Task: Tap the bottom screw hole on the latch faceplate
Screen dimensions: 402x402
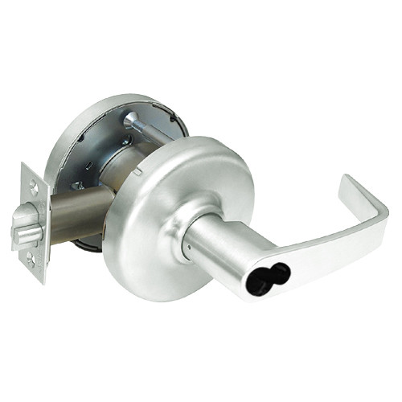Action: click(x=30, y=259)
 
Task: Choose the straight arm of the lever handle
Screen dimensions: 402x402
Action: click(x=314, y=249)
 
